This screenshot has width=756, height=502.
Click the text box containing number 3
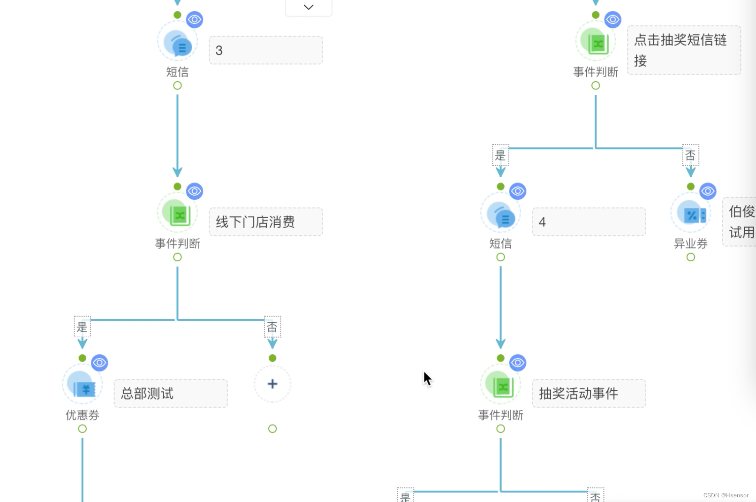click(x=265, y=50)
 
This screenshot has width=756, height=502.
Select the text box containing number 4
click(x=589, y=222)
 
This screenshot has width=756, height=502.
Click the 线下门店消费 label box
click(x=265, y=222)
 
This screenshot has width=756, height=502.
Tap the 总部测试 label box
click(x=171, y=393)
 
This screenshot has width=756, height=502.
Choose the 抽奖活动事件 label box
click(x=589, y=393)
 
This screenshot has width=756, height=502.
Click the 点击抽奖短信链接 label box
click(x=684, y=50)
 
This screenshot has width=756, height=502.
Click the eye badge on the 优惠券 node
click(x=99, y=363)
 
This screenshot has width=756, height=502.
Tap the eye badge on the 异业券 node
click(x=708, y=191)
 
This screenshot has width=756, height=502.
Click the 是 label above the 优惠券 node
click(x=82, y=327)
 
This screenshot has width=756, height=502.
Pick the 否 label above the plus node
click(x=272, y=327)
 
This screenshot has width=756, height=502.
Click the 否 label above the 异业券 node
click(x=690, y=155)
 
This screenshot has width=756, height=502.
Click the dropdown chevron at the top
click(x=308, y=7)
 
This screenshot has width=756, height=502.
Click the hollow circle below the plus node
click(x=272, y=429)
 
